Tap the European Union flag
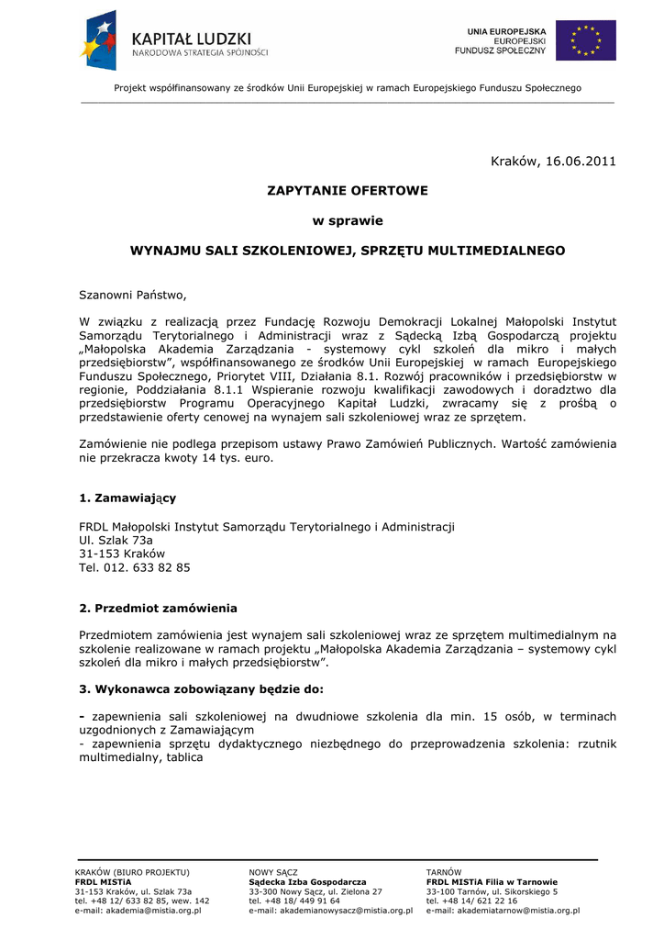pos(586,40)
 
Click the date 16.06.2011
pos(581,162)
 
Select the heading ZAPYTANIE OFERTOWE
pos(348,191)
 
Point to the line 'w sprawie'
pos(348,220)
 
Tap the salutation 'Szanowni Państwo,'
pos(132,295)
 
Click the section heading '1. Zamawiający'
pos(127,498)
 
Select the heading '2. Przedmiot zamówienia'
pos(158,608)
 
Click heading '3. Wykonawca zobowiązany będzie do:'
pos(201,688)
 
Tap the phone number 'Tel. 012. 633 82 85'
pos(135,568)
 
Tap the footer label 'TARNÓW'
pos(444,871)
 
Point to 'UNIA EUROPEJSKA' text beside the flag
pos(506,31)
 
